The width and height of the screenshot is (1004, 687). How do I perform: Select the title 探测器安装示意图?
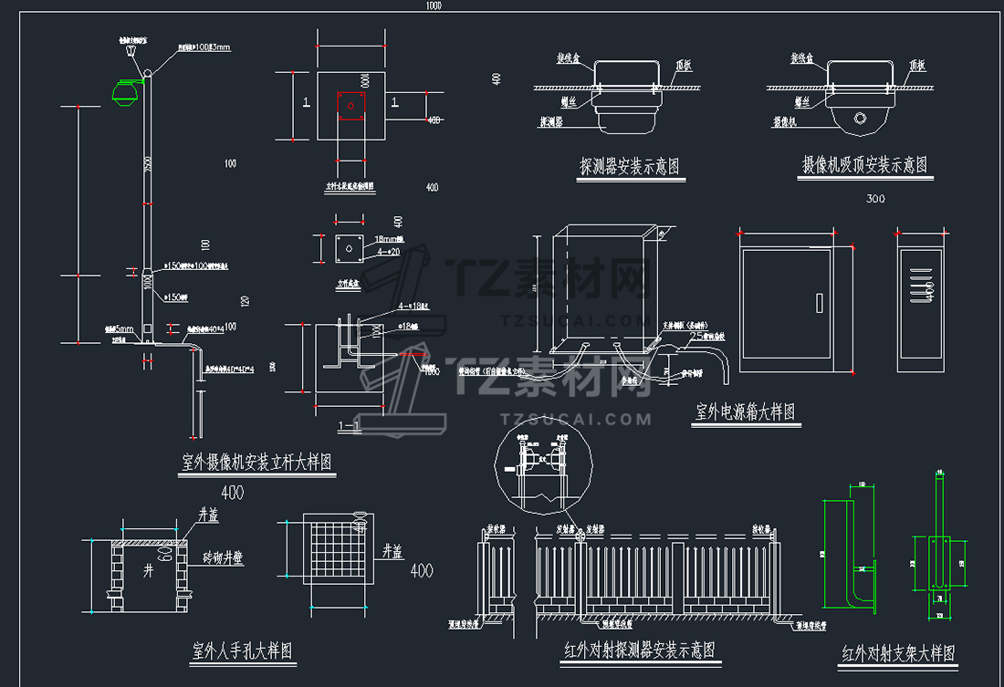630,167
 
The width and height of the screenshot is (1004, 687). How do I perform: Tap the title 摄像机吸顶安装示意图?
863,165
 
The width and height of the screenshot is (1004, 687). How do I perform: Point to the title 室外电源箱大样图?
745,412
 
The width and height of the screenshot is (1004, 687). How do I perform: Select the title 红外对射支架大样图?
897,653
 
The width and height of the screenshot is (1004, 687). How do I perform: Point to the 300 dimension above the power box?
875,199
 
